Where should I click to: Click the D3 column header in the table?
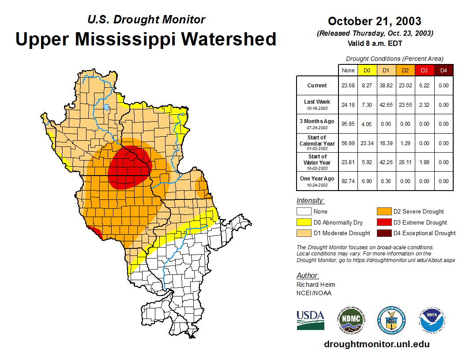click(424, 70)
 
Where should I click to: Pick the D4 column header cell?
click(444, 70)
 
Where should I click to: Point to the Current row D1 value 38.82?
click(386, 86)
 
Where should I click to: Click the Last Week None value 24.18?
click(348, 105)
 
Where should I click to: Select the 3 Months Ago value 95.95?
click(348, 124)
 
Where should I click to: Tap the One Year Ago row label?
click(317, 179)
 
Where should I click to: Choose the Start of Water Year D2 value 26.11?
click(405, 162)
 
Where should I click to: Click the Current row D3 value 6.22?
click(424, 86)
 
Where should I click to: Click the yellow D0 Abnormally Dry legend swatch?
click(304, 222)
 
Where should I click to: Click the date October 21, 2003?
click(374, 21)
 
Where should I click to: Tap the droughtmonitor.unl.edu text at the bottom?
click(376, 344)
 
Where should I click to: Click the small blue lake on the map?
click(106, 107)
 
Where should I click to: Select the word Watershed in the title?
click(229, 39)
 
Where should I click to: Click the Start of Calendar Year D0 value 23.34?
click(367, 143)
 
